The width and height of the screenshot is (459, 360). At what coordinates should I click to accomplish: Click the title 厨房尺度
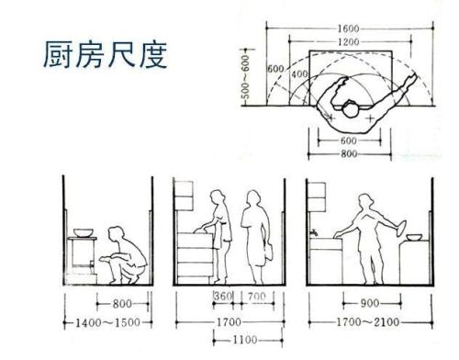point(104,57)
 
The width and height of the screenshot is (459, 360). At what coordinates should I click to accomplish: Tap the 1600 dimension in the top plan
point(347,28)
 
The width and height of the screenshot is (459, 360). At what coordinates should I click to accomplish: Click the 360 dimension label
point(221,298)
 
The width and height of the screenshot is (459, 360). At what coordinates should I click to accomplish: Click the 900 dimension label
point(369,302)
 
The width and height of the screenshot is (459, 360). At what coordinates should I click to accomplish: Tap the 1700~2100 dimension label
point(369,322)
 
